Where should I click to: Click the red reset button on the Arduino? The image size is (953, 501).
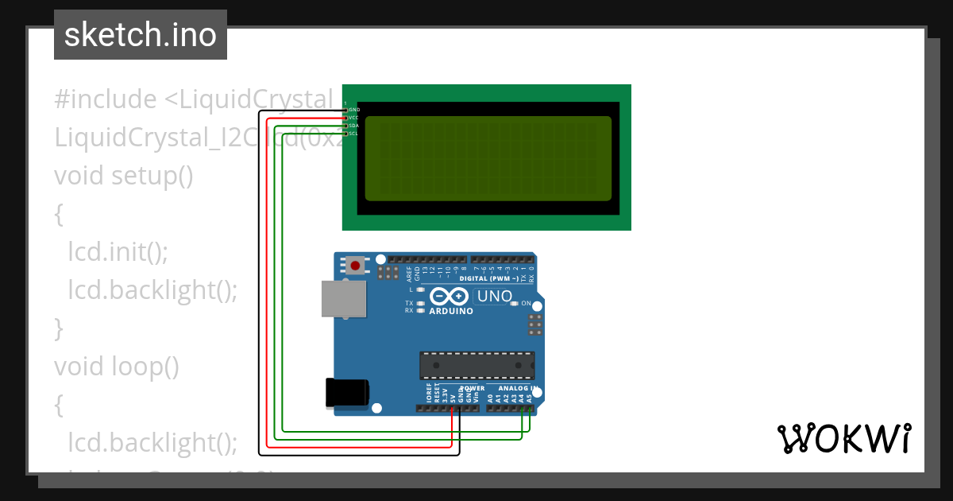point(355,265)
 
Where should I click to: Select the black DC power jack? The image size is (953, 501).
point(347,393)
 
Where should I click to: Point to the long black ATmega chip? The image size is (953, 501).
point(476,364)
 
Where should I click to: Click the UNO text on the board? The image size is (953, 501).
point(493,297)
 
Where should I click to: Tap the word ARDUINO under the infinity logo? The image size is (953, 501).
point(451,311)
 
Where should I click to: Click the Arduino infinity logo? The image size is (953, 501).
point(449,297)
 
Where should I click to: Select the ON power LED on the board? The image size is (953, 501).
point(515,304)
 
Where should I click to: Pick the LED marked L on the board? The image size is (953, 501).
point(420,289)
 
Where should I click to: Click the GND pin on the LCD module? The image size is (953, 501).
point(346,109)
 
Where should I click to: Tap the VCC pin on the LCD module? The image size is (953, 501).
point(346,117)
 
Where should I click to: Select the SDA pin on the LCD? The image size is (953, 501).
point(346,125)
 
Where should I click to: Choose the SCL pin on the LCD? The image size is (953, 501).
point(346,133)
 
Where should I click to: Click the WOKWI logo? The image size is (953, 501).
point(843,438)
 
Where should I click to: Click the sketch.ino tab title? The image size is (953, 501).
point(141,35)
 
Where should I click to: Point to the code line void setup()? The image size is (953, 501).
point(124,174)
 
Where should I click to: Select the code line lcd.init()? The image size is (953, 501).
point(118,250)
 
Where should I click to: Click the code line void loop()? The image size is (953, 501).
point(117,366)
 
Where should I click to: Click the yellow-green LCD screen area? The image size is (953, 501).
point(488,158)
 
